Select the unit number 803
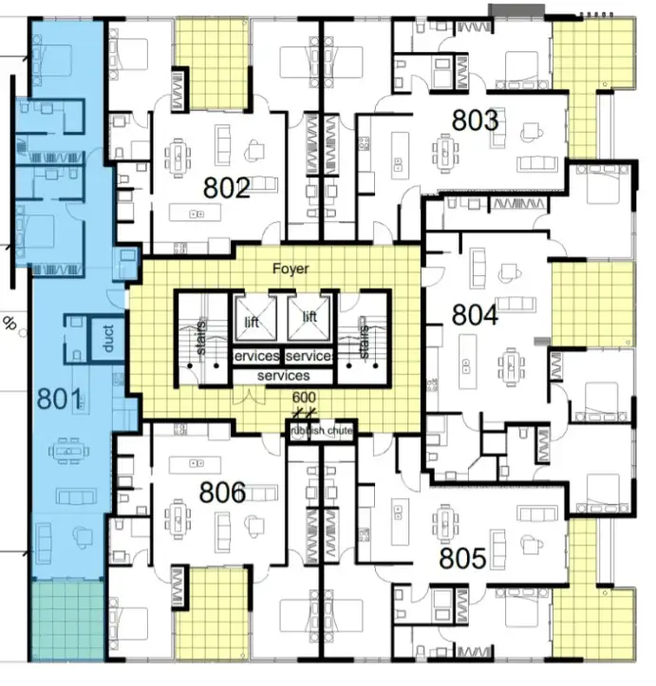(x=475, y=121)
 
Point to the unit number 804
(x=475, y=314)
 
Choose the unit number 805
(x=462, y=558)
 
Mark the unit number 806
(x=222, y=491)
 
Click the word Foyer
(x=291, y=269)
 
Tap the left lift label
(x=252, y=323)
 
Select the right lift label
(x=309, y=317)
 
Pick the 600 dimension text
(x=303, y=398)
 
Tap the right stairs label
(x=363, y=340)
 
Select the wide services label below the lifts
(x=282, y=376)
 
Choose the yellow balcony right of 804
(x=590, y=304)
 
